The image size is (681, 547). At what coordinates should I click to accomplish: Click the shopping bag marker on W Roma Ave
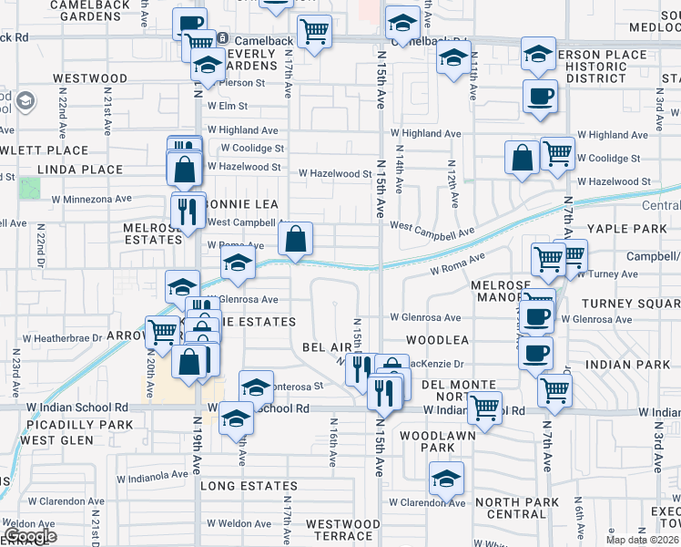pyautogui.click(x=295, y=241)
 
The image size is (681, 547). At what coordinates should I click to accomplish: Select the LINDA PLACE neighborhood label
pyautogui.click(x=79, y=170)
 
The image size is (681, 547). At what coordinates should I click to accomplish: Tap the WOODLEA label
pyautogui.click(x=437, y=339)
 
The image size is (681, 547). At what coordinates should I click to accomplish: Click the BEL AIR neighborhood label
pyautogui.click(x=327, y=348)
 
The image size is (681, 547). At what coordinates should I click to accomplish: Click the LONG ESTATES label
pyautogui.click(x=249, y=487)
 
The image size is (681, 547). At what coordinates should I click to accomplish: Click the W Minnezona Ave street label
pyautogui.click(x=91, y=198)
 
